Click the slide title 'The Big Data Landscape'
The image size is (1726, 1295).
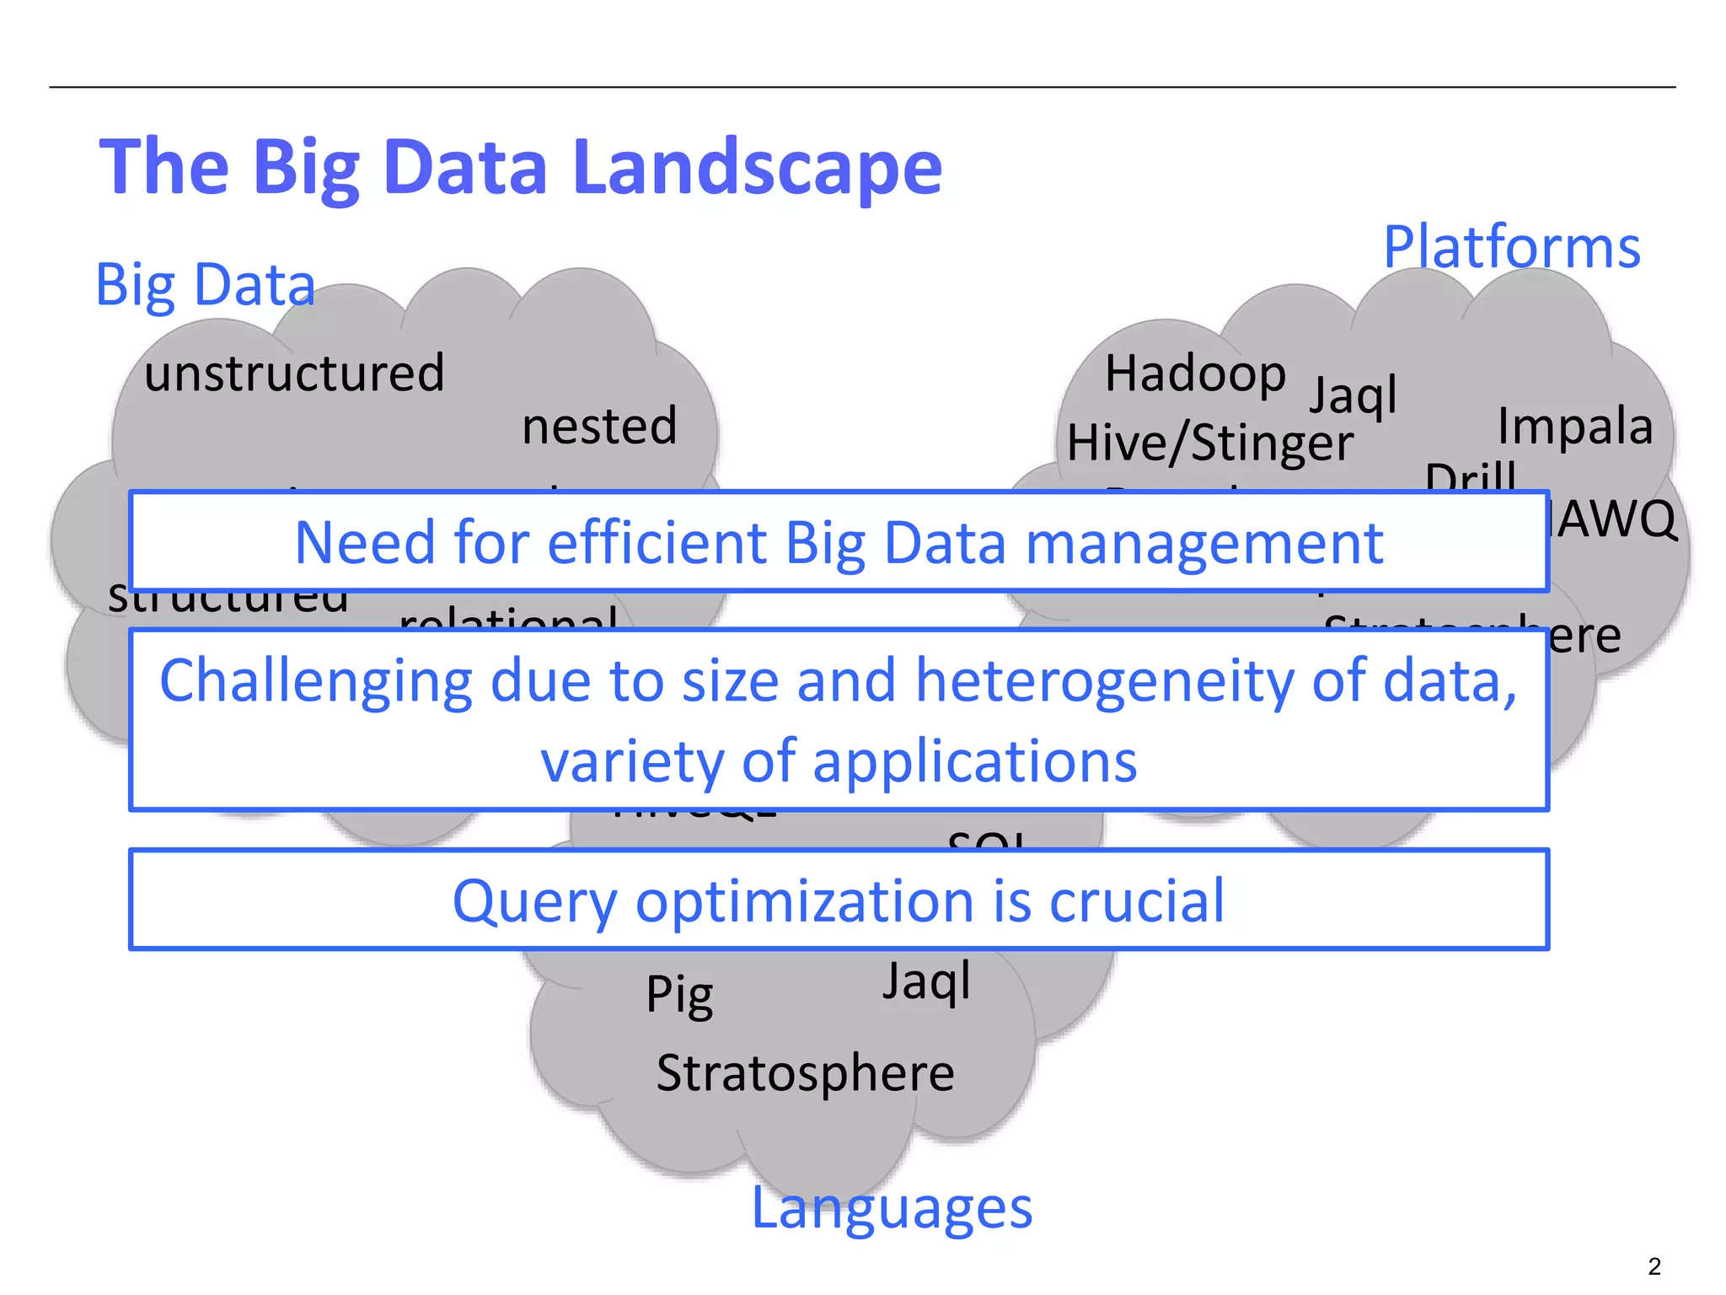(x=520, y=168)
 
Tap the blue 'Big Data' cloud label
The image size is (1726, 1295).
(x=205, y=285)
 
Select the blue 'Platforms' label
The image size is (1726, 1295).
(x=1512, y=247)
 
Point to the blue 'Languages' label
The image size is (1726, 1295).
(x=892, y=1207)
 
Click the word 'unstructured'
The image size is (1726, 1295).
(x=294, y=373)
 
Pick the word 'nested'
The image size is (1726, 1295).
(x=599, y=426)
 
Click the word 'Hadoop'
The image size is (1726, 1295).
(x=1195, y=373)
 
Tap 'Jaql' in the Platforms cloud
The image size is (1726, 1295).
(x=1353, y=395)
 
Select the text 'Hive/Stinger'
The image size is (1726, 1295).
(x=1210, y=443)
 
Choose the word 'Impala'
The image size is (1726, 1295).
(x=1575, y=426)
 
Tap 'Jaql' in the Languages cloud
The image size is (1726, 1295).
(x=926, y=981)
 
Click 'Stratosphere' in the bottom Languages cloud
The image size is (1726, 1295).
(x=805, y=1073)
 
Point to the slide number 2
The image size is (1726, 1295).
(x=1654, y=1266)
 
